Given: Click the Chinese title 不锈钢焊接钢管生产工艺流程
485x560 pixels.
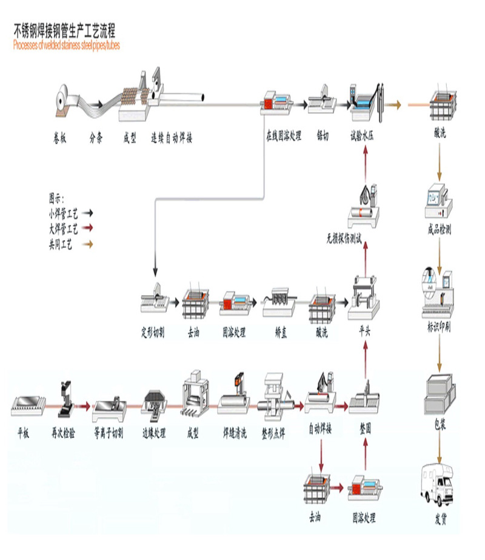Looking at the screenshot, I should pyautogui.click(x=64, y=31).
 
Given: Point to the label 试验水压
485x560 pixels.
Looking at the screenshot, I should pyautogui.click(x=363, y=136).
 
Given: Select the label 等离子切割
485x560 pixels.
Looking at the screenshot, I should pyautogui.click(x=109, y=433).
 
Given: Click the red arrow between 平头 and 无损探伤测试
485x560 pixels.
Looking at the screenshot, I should pyautogui.click(x=365, y=259).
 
